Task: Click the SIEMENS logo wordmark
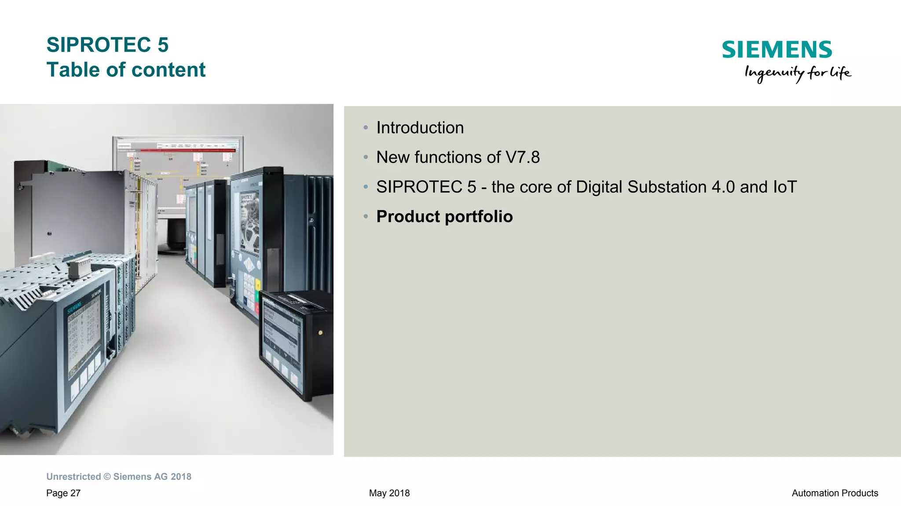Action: [777, 50]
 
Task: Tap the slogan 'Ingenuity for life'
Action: [798, 73]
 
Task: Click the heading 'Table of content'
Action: [126, 70]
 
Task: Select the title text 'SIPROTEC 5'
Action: [107, 45]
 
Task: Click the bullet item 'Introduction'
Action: [420, 128]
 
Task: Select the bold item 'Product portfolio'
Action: [444, 217]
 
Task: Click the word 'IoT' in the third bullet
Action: [784, 187]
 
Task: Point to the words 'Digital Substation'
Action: [641, 187]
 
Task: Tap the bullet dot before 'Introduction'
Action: [366, 128]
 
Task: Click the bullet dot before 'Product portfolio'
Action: [366, 217]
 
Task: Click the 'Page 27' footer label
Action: [63, 493]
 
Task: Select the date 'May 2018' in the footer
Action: [389, 493]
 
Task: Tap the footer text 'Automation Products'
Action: [835, 493]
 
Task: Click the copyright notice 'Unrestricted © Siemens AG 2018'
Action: [119, 477]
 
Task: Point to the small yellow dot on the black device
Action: [320, 333]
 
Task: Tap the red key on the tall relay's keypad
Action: [256, 309]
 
